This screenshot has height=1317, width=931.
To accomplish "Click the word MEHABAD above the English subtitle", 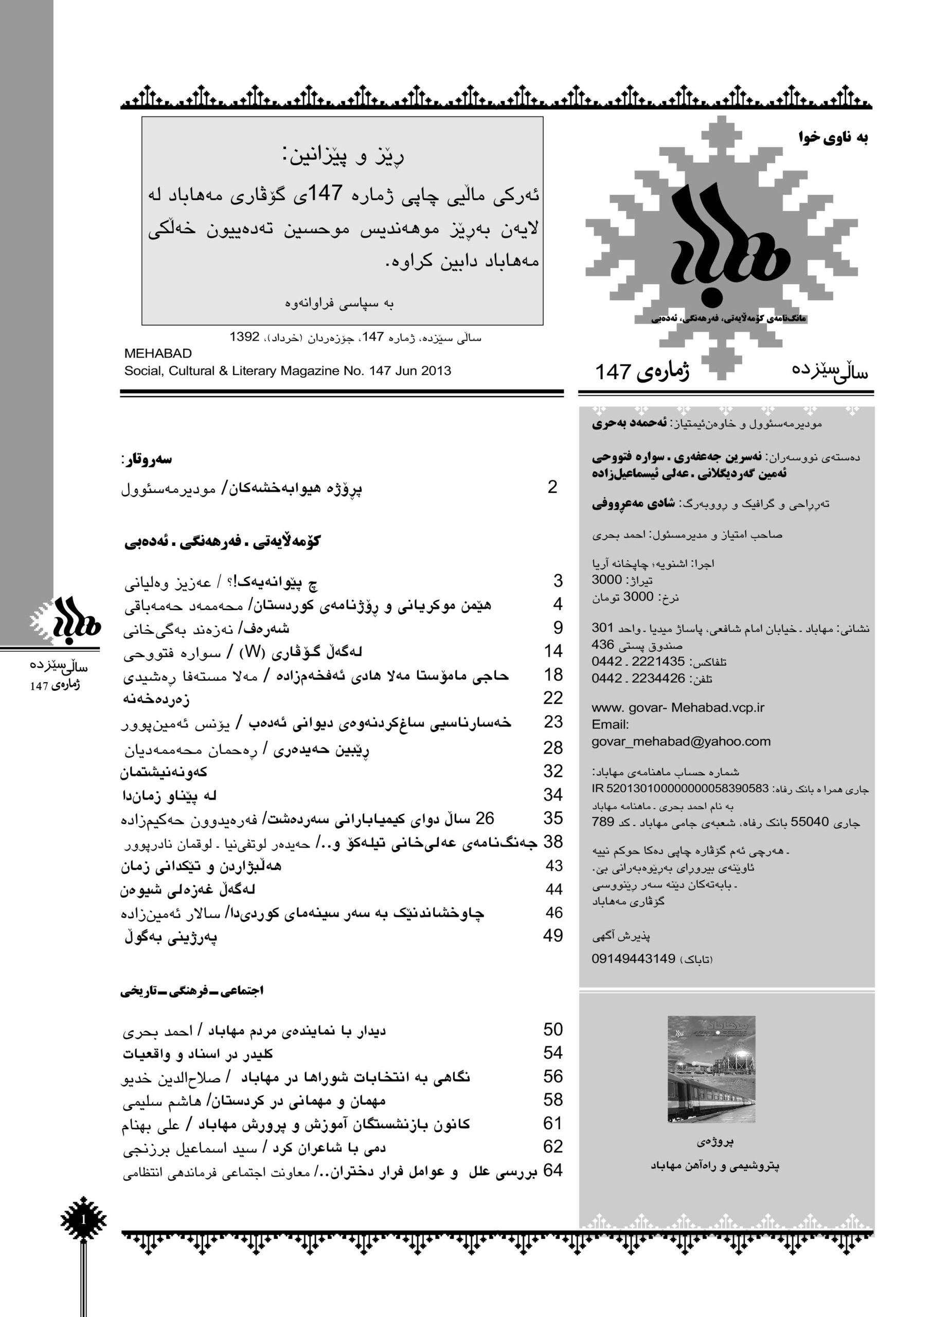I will [x=158, y=353].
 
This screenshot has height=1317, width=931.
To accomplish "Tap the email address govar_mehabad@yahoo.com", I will [x=681, y=741].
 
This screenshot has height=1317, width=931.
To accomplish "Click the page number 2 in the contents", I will [x=552, y=487].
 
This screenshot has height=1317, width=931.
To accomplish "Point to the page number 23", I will [x=553, y=722].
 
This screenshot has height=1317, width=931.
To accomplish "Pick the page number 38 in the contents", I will [x=553, y=842].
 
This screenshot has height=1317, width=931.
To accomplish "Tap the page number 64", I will [x=553, y=1170].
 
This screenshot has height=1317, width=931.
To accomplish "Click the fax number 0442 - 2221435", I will [x=638, y=662].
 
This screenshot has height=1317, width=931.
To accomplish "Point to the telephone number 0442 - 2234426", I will [x=638, y=678].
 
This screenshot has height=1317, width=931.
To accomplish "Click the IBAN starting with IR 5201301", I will [x=680, y=788].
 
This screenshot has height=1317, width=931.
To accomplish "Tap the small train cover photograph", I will [x=711, y=1069].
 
